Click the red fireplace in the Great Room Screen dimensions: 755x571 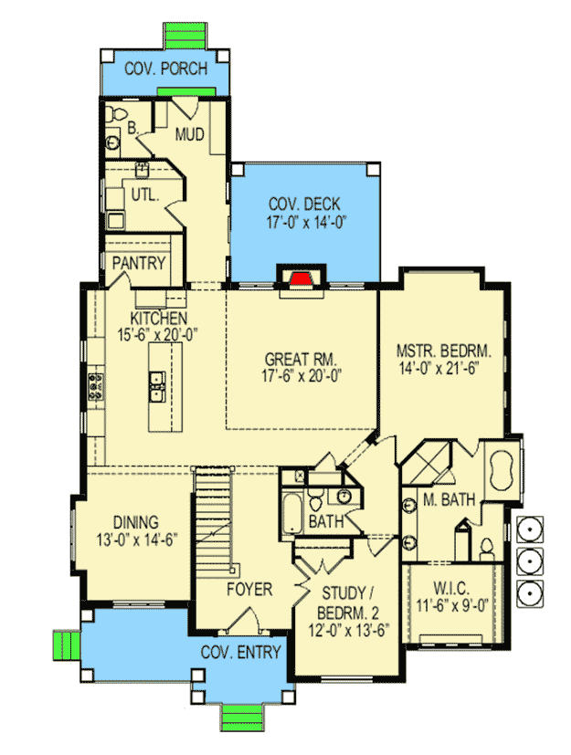(298, 278)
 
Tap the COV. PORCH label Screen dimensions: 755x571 (165, 68)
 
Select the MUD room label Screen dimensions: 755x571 (188, 137)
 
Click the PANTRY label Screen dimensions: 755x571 (139, 264)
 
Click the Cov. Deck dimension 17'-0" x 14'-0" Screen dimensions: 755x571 (303, 221)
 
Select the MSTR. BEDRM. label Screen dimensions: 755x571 (444, 350)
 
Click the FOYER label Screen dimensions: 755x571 (249, 589)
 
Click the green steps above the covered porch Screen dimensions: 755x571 (189, 37)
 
